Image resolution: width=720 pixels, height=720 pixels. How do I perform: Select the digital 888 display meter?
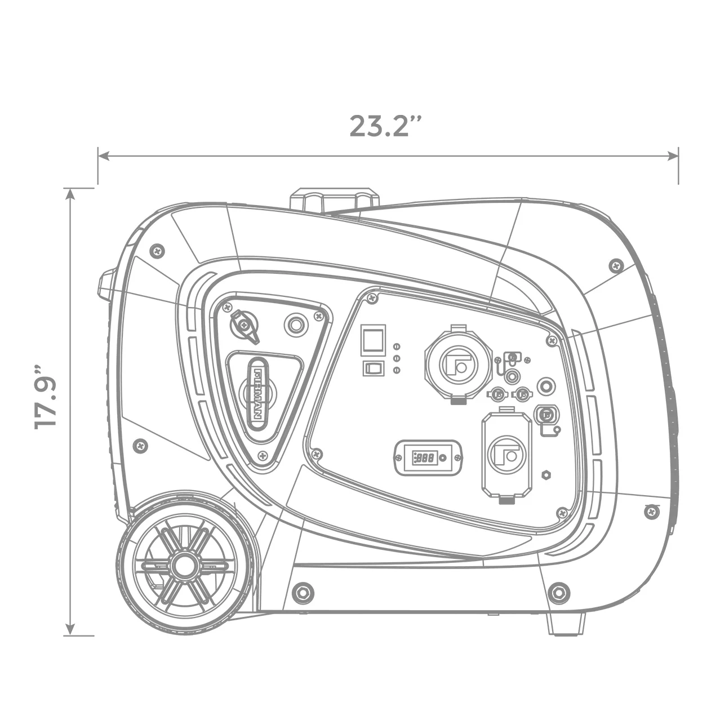[428, 457]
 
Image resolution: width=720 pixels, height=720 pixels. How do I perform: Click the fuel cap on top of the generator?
[335, 201]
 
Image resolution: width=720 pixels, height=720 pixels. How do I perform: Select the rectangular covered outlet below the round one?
[506, 455]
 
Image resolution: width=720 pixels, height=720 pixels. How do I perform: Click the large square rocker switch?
[372, 340]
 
